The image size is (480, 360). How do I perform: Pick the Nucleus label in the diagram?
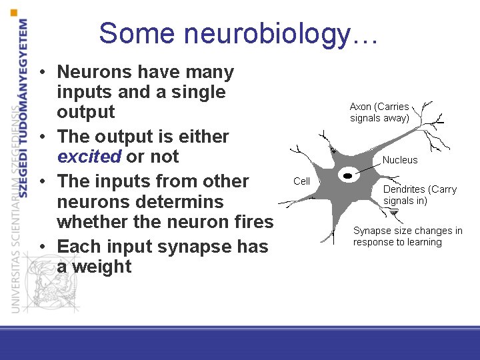400,160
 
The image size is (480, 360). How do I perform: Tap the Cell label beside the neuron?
302,181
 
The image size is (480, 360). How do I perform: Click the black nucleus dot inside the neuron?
347,175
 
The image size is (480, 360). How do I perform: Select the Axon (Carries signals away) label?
379,112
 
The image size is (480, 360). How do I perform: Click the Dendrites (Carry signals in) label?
419,195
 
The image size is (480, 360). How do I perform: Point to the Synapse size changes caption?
407,236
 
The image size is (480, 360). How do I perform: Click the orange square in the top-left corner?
15,13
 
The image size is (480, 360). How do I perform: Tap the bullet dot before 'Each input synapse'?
41,247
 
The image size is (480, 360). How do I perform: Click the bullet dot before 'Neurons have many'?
41,72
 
